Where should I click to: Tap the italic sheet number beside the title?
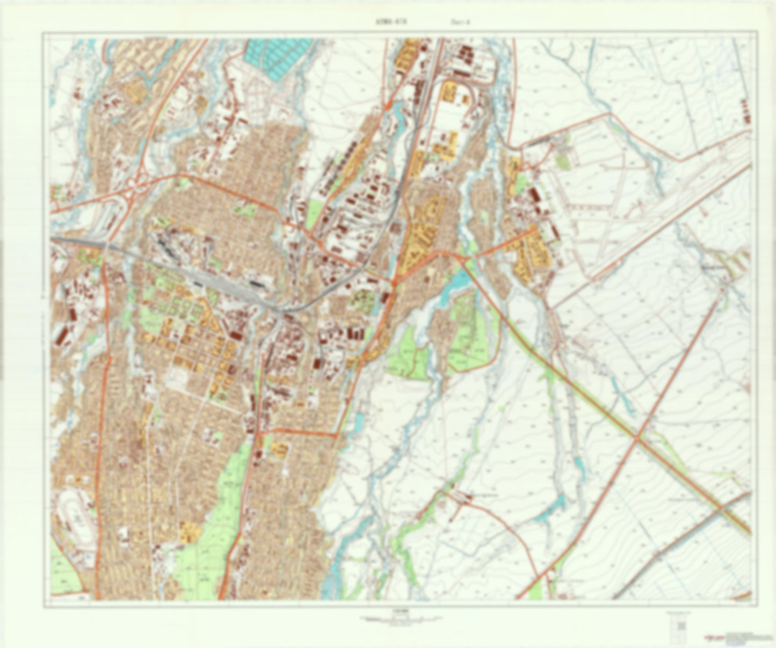click(x=456, y=22)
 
